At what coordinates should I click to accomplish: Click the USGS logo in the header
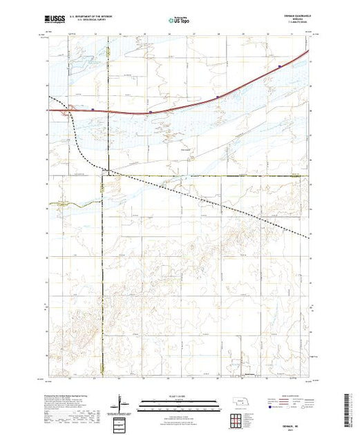58,21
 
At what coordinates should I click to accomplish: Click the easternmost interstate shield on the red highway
279,67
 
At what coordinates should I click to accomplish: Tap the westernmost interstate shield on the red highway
93,108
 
